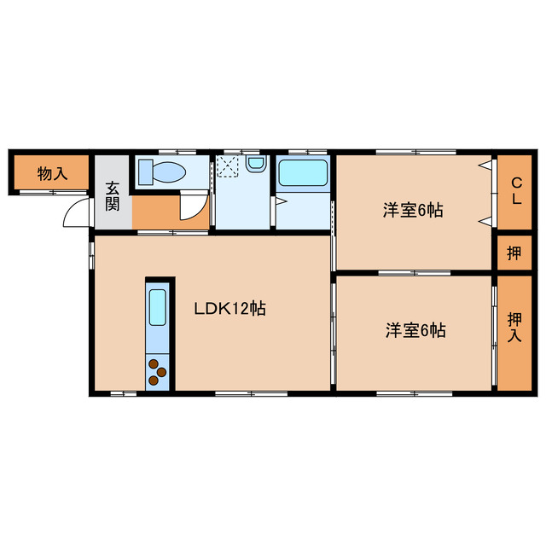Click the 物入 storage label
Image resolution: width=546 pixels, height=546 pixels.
[51, 174]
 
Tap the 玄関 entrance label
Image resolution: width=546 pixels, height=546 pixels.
[113, 197]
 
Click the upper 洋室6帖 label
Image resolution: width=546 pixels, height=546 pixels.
[412, 210]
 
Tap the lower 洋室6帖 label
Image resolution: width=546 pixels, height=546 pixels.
[414, 329]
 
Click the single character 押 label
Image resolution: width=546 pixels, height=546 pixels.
[514, 253]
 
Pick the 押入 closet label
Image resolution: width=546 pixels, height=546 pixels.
[515, 328]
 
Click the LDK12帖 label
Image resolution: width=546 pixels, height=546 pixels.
[229, 309]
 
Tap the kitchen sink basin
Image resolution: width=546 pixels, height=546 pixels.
[158, 308]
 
